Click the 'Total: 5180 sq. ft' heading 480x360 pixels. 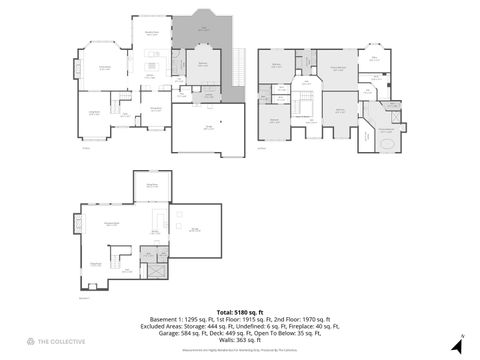239,312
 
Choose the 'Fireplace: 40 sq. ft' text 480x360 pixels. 313,326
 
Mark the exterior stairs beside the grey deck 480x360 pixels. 237,70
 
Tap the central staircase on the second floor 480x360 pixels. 301,104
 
